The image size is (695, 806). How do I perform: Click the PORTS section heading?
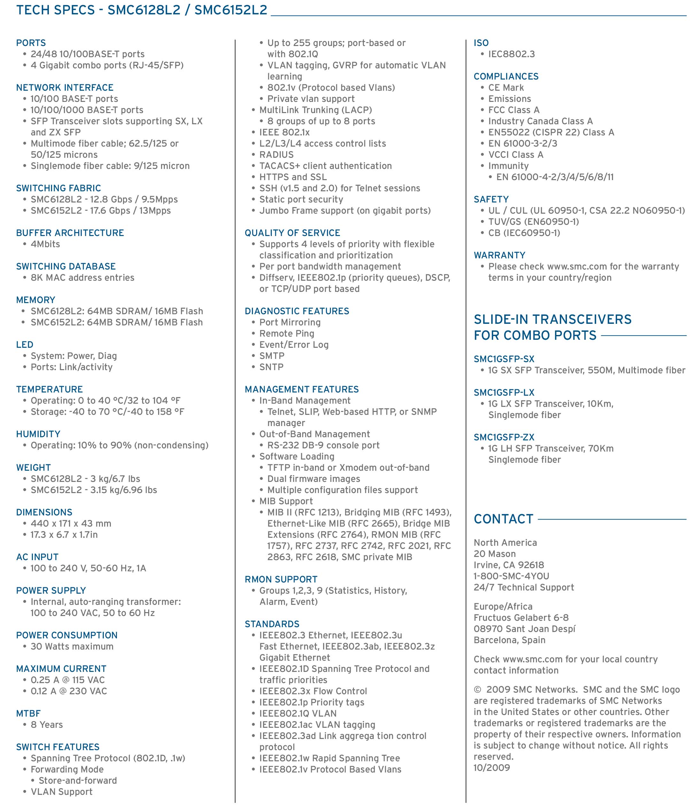point(31,43)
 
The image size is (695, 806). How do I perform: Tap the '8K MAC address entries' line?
point(82,278)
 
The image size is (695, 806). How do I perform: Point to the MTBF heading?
point(28,713)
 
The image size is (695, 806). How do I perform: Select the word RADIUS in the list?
point(276,155)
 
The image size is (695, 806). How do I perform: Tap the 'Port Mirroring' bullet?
point(290,322)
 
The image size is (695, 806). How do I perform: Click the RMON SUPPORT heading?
point(281,579)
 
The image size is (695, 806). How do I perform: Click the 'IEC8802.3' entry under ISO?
point(511,54)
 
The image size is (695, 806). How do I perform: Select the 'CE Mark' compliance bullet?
point(506,87)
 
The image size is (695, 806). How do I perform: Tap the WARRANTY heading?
point(499,255)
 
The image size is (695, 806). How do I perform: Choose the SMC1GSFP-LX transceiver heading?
point(504,392)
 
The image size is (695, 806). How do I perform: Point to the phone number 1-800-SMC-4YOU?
point(511,576)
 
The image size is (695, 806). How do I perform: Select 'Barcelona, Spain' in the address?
point(509,640)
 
